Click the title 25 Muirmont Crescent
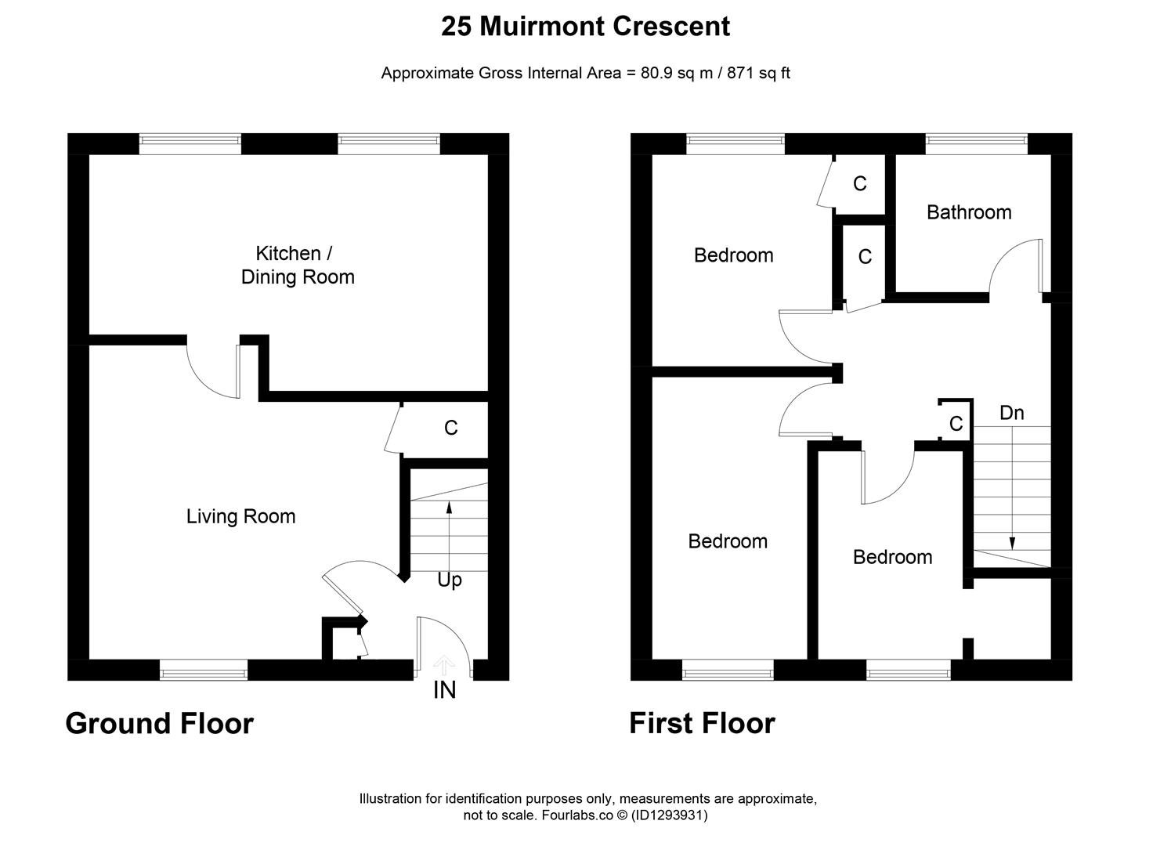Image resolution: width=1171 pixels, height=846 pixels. click(585, 27)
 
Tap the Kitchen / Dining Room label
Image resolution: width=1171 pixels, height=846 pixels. click(297, 265)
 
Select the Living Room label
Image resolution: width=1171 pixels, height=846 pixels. click(240, 516)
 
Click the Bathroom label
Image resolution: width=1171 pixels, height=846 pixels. click(968, 212)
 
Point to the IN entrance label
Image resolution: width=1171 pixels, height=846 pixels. click(444, 690)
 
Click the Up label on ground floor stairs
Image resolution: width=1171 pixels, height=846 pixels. click(449, 580)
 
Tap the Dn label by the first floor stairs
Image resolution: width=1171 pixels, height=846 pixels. click(1011, 413)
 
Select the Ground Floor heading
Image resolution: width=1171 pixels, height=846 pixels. click(159, 723)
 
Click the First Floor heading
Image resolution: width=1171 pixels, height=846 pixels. click(702, 723)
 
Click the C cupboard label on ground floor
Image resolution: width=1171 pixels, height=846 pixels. click(450, 428)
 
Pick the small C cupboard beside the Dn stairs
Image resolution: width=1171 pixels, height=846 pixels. click(956, 424)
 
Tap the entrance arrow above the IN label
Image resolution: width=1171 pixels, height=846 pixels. click(444, 665)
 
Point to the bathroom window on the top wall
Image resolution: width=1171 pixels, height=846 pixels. click(976, 141)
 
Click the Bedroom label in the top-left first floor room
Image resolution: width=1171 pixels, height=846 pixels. click(733, 255)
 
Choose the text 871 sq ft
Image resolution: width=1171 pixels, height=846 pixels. click(758, 74)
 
